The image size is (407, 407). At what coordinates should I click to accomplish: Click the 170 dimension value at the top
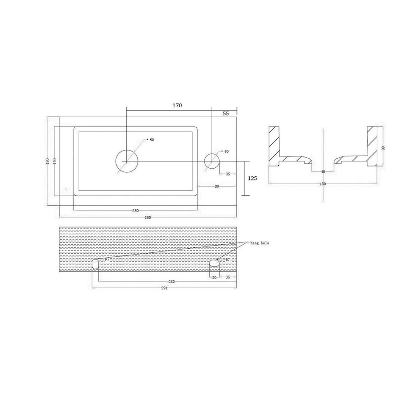(x=177, y=105)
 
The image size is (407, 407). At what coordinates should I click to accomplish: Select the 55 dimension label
(x=225, y=114)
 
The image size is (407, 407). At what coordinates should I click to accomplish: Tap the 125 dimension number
(x=252, y=178)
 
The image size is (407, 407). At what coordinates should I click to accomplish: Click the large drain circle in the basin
(x=127, y=161)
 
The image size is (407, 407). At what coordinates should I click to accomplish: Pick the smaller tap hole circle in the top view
(x=212, y=161)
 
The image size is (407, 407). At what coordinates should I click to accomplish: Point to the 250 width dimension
(x=136, y=211)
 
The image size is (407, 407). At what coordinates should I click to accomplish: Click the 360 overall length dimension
(x=147, y=218)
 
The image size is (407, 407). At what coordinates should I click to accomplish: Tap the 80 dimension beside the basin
(x=217, y=186)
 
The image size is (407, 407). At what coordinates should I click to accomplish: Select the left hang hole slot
(x=95, y=264)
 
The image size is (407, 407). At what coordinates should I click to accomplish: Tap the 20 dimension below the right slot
(x=214, y=277)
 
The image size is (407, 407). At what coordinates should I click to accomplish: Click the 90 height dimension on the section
(x=384, y=148)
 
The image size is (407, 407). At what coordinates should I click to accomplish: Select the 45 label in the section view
(x=322, y=172)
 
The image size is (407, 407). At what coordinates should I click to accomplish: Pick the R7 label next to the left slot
(x=107, y=260)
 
